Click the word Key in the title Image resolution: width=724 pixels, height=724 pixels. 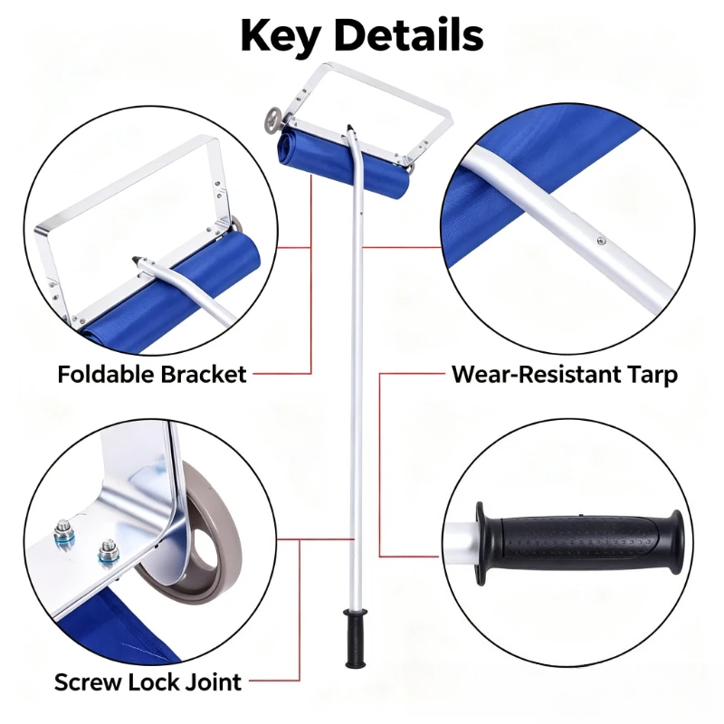[x=280, y=37]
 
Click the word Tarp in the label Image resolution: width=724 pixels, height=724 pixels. [x=651, y=376]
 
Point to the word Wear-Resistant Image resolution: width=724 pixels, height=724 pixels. [x=536, y=374]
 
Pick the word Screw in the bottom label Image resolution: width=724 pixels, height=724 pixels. [x=87, y=682]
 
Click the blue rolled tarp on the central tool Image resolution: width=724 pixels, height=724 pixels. [x=343, y=162]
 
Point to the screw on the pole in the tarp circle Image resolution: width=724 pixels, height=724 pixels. [x=601, y=240]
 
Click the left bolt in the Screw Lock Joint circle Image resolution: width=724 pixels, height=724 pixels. [x=64, y=534]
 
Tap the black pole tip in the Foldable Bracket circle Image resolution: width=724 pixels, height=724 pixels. [x=138, y=261]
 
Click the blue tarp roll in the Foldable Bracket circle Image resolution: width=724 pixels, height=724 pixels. [x=176, y=291]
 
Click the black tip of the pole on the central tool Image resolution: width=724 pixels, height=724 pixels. [x=350, y=128]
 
